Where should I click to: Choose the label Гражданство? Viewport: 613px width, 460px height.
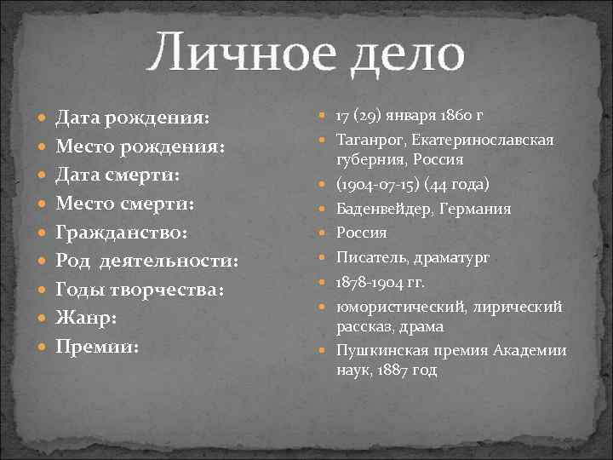(x=121, y=233)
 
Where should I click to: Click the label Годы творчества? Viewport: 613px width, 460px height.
(x=140, y=290)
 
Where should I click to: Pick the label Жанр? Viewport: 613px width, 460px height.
(x=87, y=319)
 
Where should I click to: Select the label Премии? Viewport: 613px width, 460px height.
(x=96, y=347)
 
